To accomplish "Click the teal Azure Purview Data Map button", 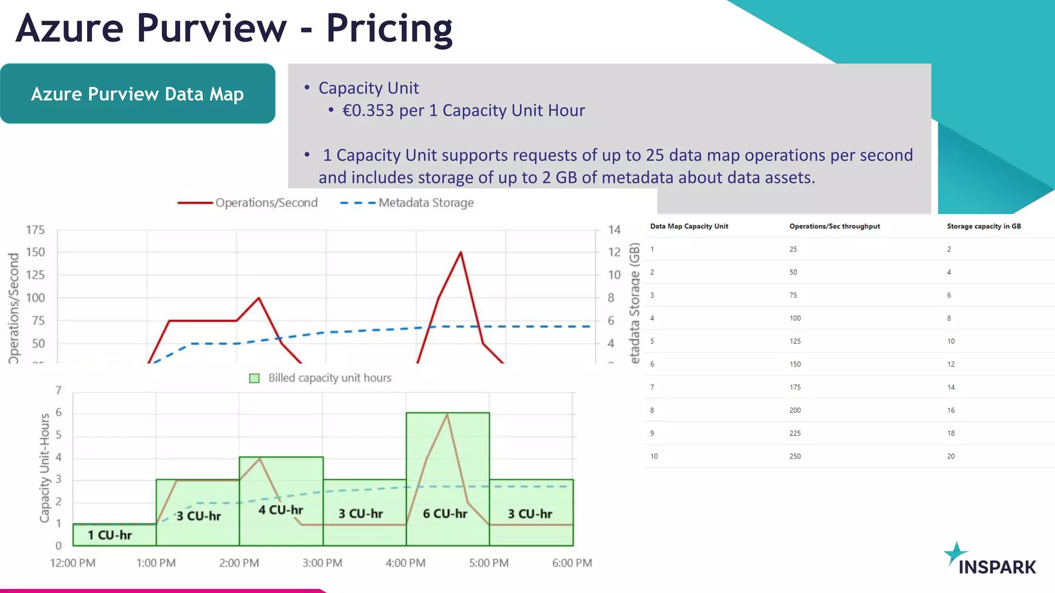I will (x=138, y=94).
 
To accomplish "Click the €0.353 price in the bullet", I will (x=368, y=111).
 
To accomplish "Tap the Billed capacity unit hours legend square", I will (x=254, y=378).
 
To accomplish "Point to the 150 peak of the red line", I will (x=461, y=252).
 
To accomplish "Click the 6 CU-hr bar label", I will (x=445, y=514).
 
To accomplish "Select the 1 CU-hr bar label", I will (x=110, y=535).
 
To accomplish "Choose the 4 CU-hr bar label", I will (x=281, y=510).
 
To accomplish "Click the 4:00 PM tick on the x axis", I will (x=405, y=563).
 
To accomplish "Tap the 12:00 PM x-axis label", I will (x=73, y=563).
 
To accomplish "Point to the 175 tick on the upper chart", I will (x=36, y=230).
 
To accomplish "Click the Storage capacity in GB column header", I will (x=983, y=226).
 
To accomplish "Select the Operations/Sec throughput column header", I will (x=835, y=226).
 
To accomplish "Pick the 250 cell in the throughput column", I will (x=795, y=457).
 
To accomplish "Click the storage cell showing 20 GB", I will (x=950, y=457).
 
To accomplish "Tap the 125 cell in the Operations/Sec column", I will (x=795, y=341).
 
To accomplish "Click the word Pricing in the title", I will (x=389, y=28).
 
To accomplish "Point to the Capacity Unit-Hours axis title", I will (x=45, y=467).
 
